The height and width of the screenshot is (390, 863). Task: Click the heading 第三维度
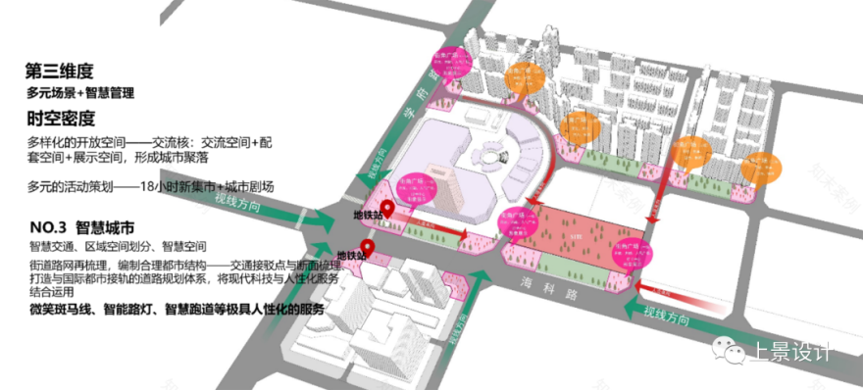tap(60, 71)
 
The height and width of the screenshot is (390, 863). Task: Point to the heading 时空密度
tap(61, 119)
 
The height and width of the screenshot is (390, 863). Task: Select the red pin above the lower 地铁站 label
tap(367, 246)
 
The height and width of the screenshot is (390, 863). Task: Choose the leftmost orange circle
tap(526, 79)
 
